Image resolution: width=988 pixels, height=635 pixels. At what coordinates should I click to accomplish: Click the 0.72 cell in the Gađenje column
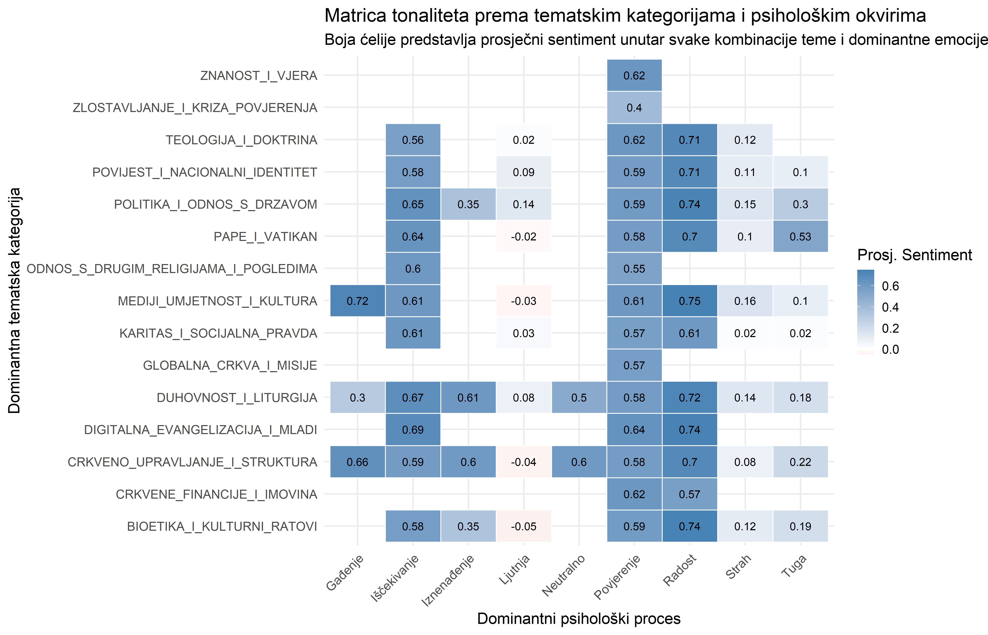(357, 301)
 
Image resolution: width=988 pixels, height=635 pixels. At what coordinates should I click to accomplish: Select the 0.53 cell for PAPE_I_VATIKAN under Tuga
(800, 237)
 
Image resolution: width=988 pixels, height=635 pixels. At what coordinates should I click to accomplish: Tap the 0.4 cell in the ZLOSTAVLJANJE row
(634, 108)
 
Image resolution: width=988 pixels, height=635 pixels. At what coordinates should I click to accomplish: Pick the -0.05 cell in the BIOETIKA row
(523, 527)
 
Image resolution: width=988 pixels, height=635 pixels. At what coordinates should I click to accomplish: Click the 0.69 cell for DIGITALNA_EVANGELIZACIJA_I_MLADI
(413, 430)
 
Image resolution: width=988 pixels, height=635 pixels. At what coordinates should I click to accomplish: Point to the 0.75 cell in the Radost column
(689, 301)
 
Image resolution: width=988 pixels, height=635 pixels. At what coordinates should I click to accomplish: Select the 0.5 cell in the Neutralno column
(579, 398)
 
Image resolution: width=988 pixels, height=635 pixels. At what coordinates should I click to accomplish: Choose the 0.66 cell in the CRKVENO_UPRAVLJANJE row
(357, 462)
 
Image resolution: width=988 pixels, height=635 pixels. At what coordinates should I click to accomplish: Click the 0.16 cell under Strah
(745, 301)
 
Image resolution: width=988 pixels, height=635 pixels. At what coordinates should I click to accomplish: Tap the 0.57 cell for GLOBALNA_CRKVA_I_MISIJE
(634, 365)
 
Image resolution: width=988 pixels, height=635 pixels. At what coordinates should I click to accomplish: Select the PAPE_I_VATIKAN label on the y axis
(265, 237)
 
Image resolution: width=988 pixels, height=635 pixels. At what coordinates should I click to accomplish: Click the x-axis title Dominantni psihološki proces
(579, 618)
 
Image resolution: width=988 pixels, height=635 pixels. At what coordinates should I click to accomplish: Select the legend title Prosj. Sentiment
(914, 255)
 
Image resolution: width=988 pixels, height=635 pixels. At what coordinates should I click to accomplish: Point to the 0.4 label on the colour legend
(890, 307)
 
